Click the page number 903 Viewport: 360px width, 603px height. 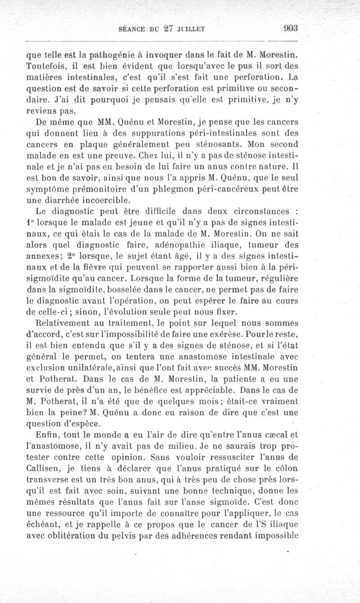tap(291, 29)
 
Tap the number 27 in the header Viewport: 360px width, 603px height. tap(169, 29)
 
